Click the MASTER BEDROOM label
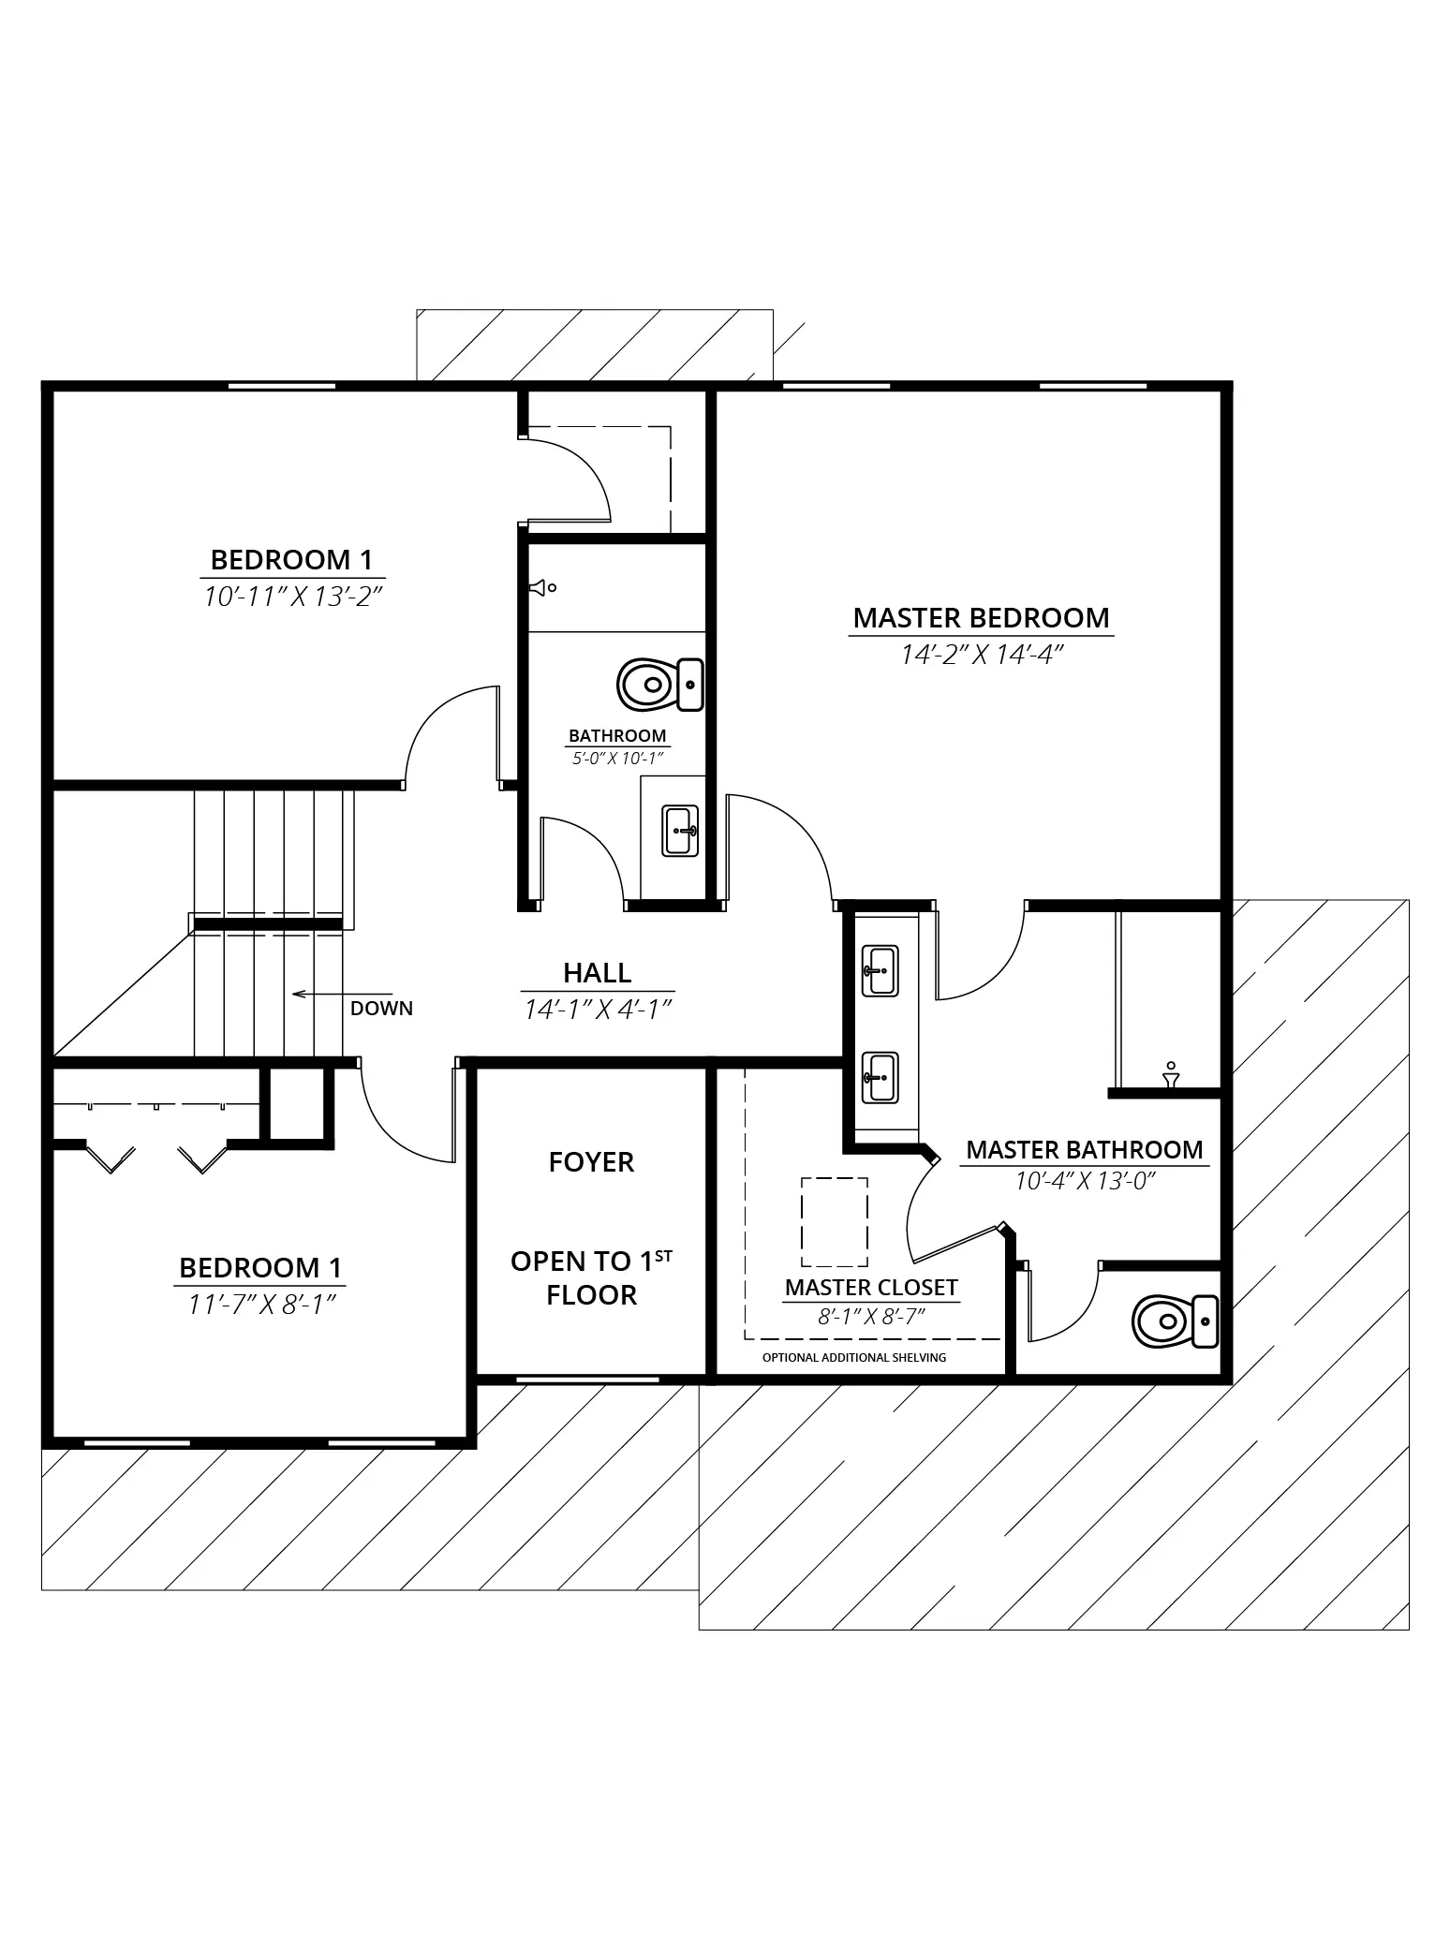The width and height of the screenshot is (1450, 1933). [981, 618]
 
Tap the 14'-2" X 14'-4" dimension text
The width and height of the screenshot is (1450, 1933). [981, 655]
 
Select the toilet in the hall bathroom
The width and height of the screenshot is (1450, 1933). [660, 685]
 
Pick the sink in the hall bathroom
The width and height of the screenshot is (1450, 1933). [680, 830]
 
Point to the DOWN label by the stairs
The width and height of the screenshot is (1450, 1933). [381, 1009]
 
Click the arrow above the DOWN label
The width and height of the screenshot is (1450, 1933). [342, 994]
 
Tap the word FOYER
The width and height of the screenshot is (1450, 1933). [591, 1162]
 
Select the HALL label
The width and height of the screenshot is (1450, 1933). [597, 973]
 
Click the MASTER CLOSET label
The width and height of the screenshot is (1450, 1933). [871, 1288]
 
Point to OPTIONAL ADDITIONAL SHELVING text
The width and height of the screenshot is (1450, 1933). [854, 1358]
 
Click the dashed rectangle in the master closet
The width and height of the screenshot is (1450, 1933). [835, 1222]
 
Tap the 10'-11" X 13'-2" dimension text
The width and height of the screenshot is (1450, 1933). [294, 596]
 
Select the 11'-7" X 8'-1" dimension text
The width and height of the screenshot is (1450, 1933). [261, 1304]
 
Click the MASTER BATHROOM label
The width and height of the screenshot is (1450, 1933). [1085, 1150]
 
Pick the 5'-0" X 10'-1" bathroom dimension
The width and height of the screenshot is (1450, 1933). [617, 759]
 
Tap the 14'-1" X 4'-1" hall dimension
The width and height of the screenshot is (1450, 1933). [598, 1009]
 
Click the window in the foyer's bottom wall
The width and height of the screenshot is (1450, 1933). [587, 1380]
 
